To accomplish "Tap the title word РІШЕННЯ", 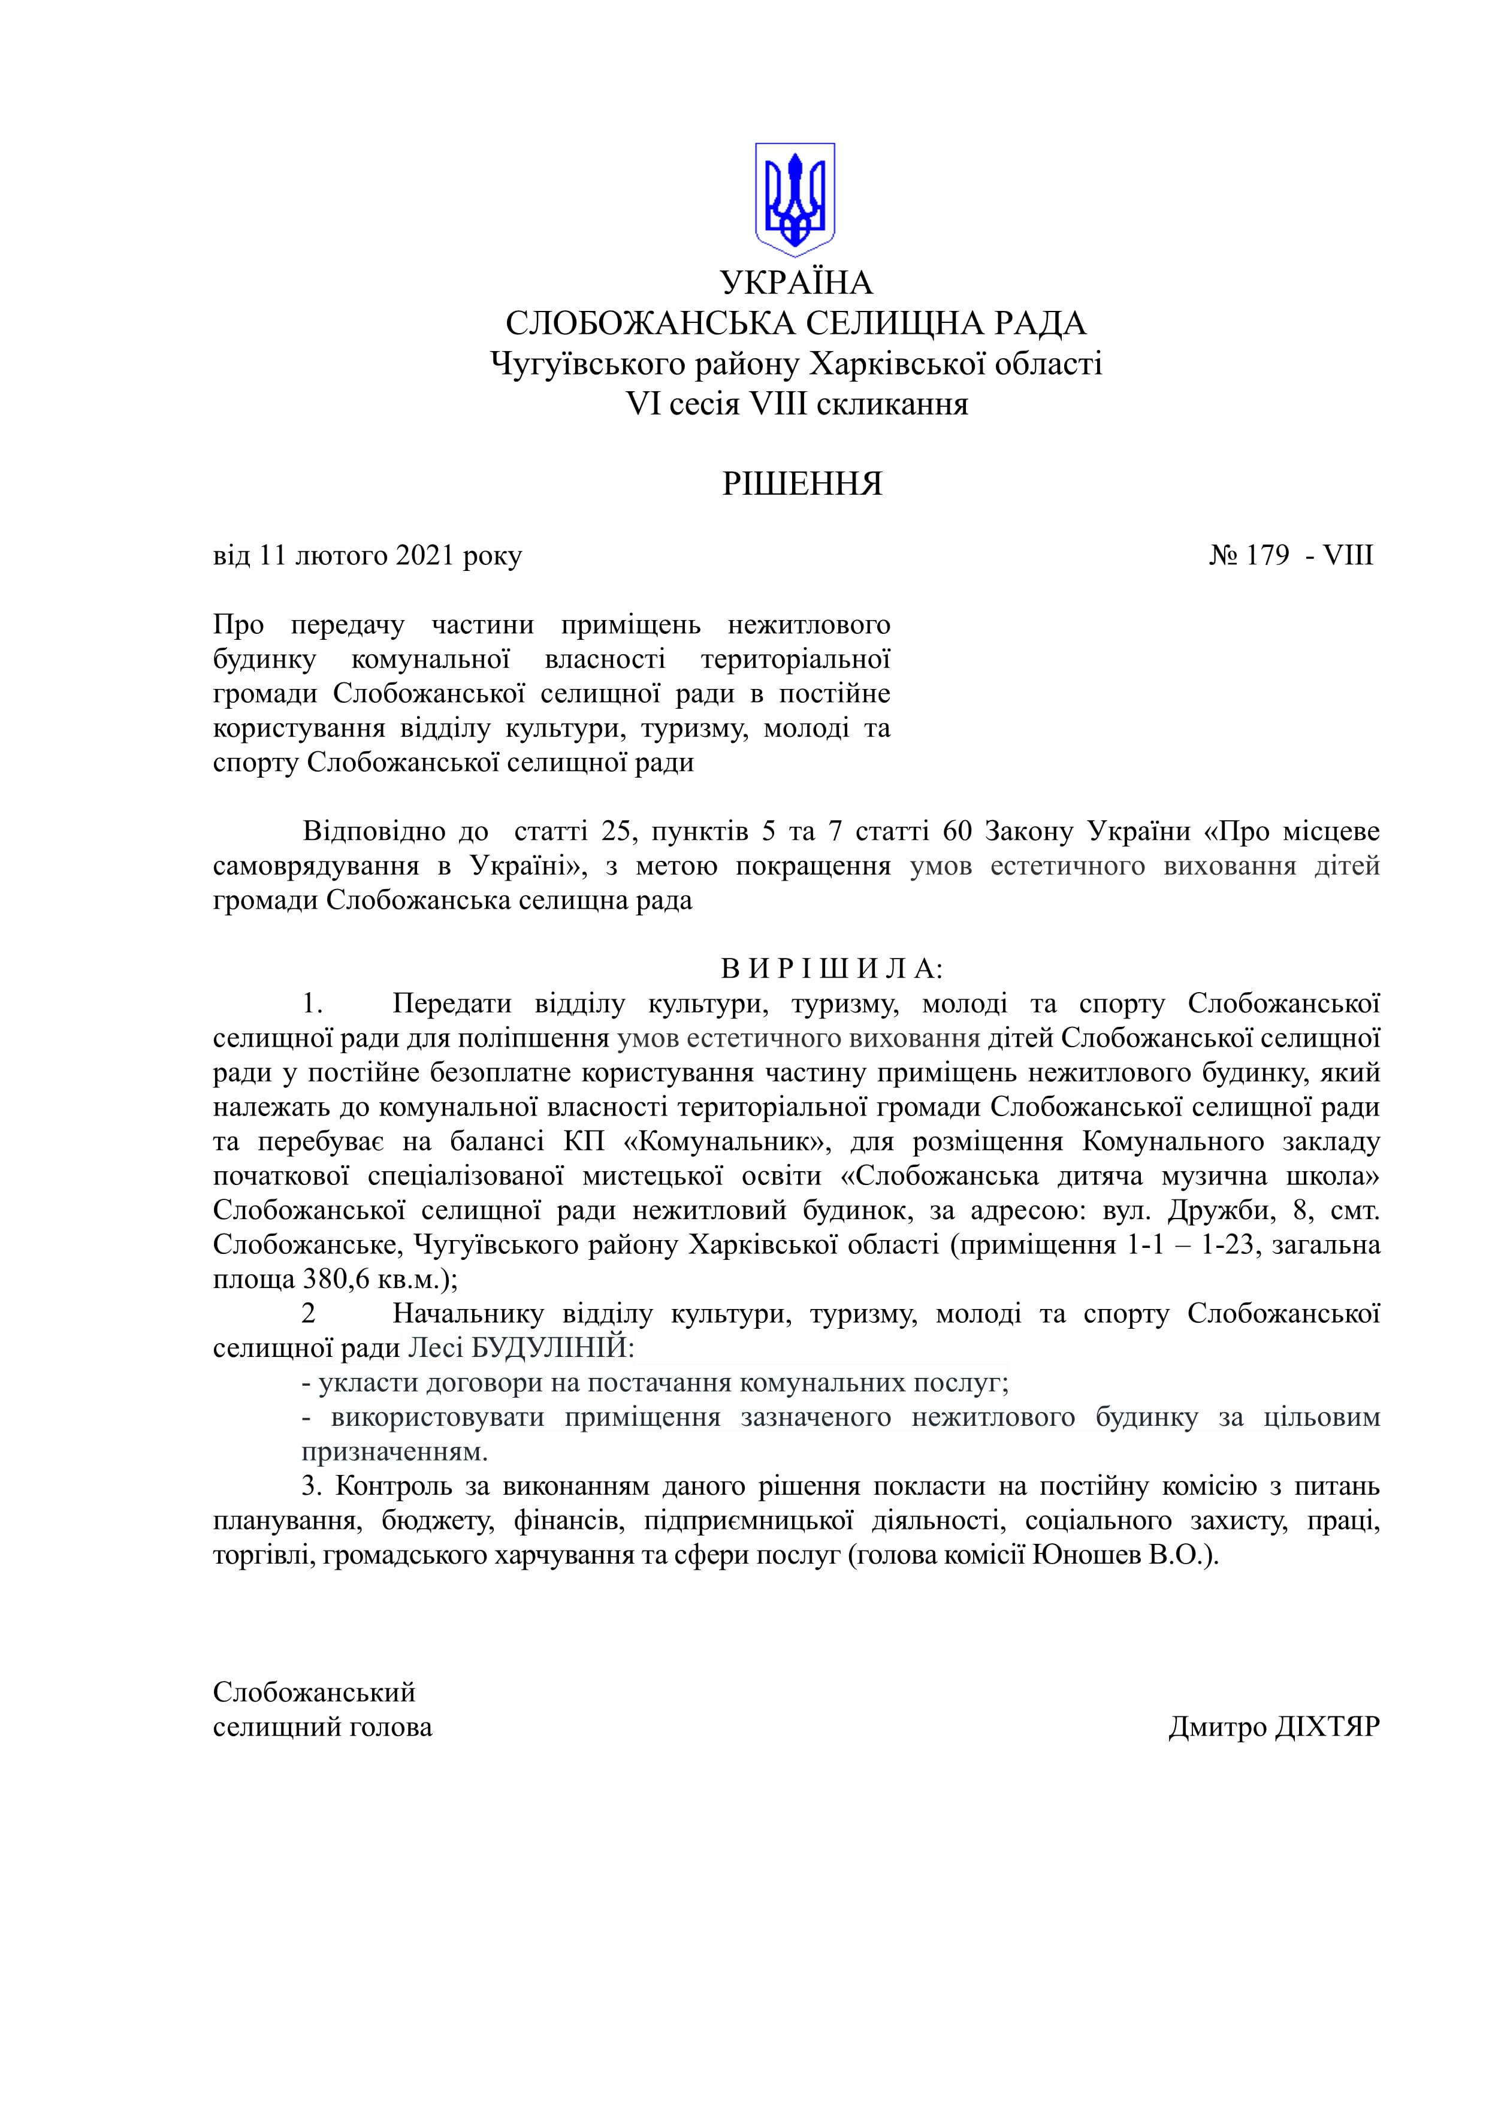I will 802,484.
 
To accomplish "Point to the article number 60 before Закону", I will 958,831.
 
